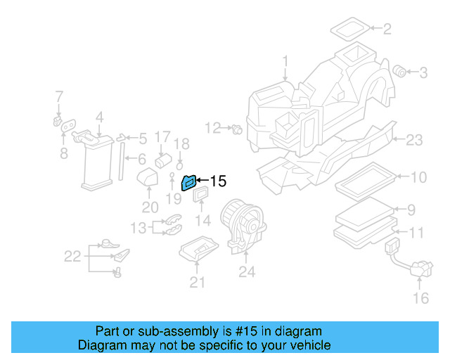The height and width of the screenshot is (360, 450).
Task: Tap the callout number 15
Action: [x=218, y=181]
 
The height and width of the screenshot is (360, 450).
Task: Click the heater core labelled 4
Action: [x=96, y=160]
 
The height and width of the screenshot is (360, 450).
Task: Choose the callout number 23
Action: [x=415, y=140]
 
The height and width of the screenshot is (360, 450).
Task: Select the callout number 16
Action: [x=420, y=299]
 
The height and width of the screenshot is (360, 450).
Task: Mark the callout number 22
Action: [x=72, y=257]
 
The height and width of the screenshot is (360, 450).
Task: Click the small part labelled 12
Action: [x=237, y=129]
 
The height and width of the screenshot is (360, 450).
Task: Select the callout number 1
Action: [x=285, y=61]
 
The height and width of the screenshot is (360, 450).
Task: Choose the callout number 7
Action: [x=59, y=96]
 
